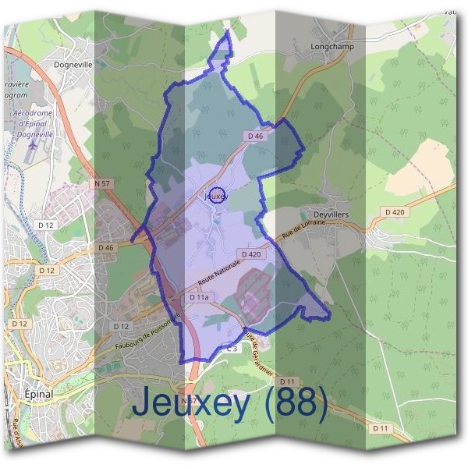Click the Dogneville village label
(x=73, y=65)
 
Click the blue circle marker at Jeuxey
(x=218, y=196)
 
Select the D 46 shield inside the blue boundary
(x=256, y=136)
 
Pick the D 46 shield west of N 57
(x=106, y=248)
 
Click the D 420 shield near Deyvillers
(x=395, y=212)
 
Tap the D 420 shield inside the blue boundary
(x=251, y=254)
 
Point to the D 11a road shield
(x=198, y=297)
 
